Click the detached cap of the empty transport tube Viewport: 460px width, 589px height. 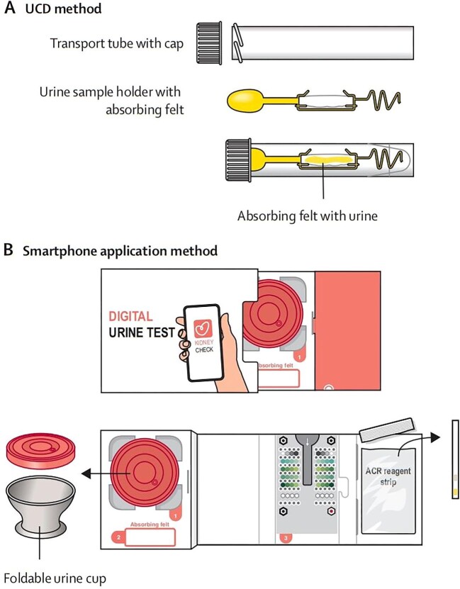point(209,43)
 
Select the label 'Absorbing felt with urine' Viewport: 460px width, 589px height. point(307,216)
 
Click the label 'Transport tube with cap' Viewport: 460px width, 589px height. point(117,43)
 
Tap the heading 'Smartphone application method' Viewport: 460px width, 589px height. point(120,250)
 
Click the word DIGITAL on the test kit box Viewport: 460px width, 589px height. point(130,316)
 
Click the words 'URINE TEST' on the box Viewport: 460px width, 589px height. point(142,332)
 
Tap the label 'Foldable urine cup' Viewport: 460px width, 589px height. point(55,578)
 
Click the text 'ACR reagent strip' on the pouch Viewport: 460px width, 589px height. point(388,476)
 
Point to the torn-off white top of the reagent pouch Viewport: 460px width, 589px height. point(386,430)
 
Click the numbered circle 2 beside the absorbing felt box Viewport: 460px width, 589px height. point(118,537)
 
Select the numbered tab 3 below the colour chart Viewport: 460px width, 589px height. point(286,538)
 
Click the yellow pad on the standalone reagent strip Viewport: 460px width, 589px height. point(456,492)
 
